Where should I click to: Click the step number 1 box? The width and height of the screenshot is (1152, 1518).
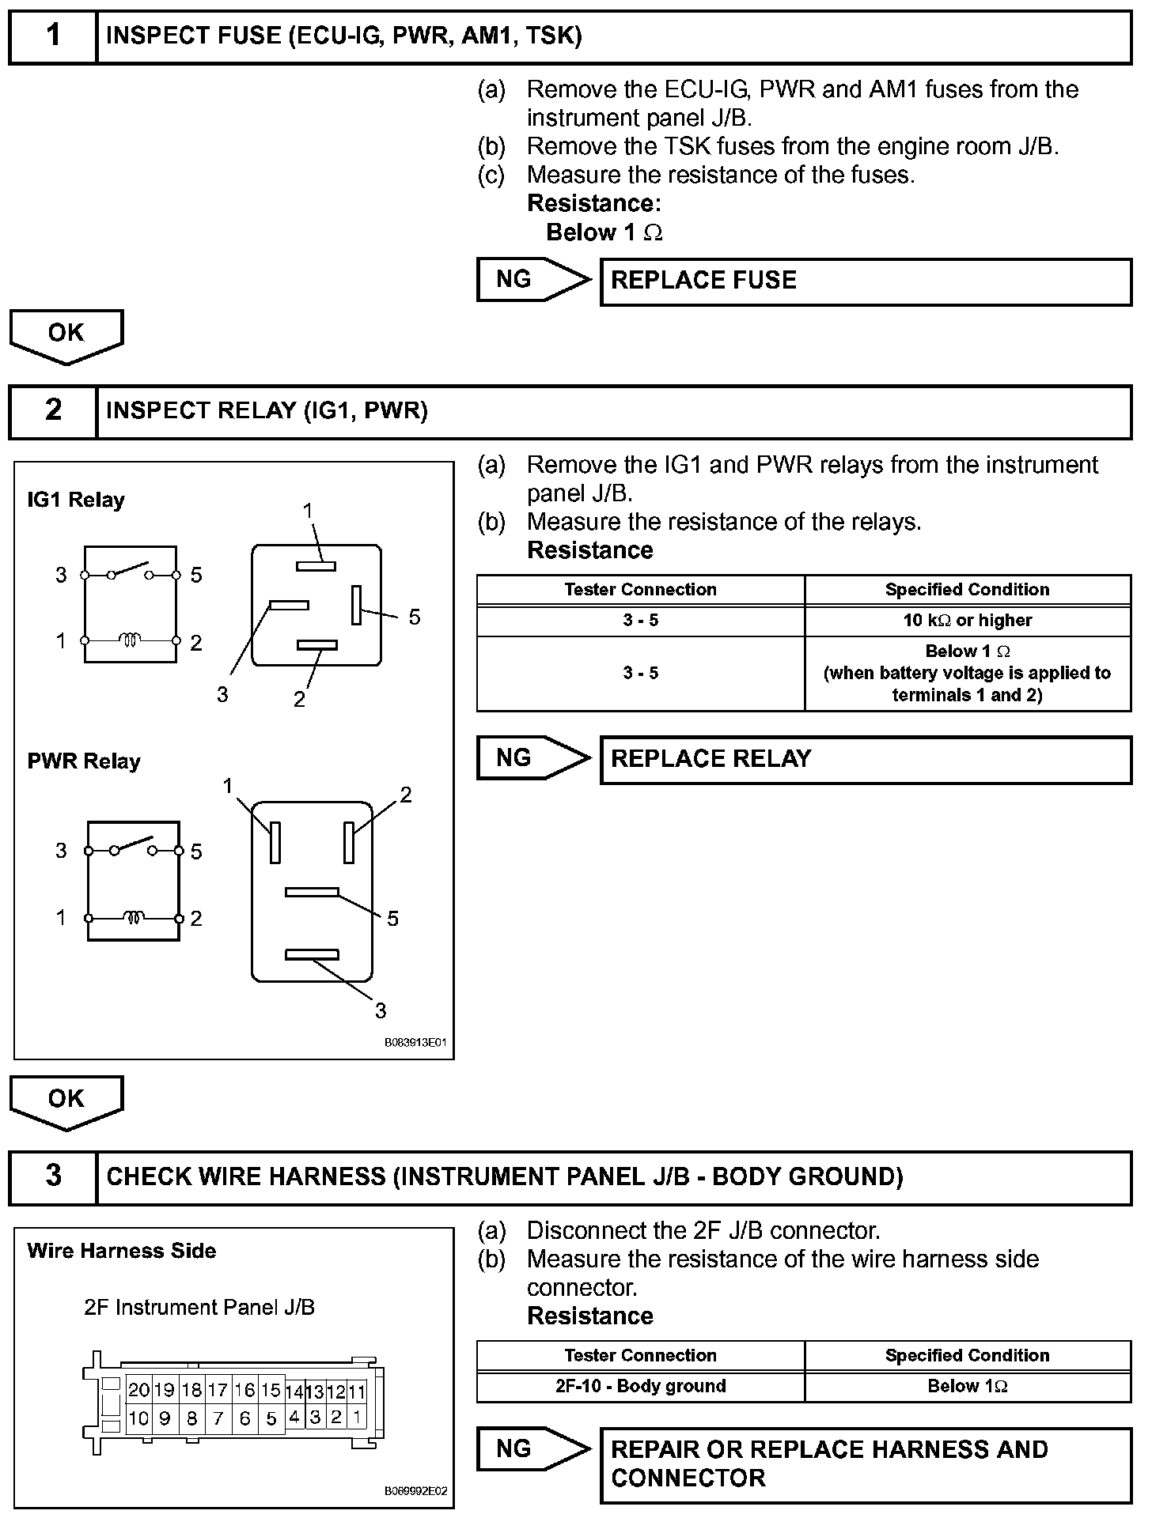(x=52, y=36)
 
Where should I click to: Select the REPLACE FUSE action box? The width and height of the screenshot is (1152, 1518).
(x=866, y=281)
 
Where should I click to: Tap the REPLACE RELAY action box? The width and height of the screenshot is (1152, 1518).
(x=866, y=760)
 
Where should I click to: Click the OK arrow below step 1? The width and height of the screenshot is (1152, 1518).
(x=66, y=335)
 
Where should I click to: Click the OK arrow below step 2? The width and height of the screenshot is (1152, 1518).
(x=66, y=1101)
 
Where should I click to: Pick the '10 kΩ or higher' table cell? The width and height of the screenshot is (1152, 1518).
(x=967, y=621)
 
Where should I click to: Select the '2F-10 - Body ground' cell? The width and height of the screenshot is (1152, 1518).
(x=640, y=1387)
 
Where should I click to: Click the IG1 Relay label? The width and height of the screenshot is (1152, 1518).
(x=76, y=500)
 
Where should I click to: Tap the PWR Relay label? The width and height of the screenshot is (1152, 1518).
(x=84, y=762)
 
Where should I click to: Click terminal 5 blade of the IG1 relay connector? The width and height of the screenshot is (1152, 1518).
(x=356, y=605)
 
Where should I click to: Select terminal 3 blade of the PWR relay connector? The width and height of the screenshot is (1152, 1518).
(x=312, y=955)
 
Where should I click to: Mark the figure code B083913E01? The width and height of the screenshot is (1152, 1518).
(x=415, y=1043)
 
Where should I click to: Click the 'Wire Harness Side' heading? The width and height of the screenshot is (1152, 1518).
(x=121, y=1252)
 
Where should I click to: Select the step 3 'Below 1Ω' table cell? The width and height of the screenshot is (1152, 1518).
(x=967, y=1387)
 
